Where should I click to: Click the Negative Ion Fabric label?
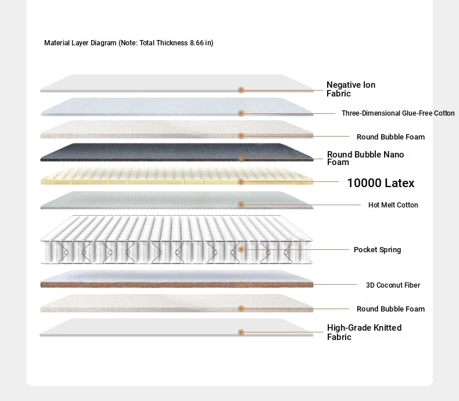click(351, 89)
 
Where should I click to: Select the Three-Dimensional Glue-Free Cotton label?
click(398, 113)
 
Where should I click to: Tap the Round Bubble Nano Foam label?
click(365, 158)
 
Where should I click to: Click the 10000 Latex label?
click(381, 183)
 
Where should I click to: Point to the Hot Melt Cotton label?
click(393, 205)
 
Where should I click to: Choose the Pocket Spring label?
click(377, 250)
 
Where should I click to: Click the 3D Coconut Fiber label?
click(393, 285)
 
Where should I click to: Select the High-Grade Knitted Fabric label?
click(364, 332)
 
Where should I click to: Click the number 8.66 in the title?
click(197, 43)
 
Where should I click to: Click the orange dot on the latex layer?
click(241, 182)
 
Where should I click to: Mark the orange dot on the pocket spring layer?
click(241, 249)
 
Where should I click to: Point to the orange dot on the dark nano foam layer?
click(241, 159)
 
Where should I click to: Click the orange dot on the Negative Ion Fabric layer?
click(241, 90)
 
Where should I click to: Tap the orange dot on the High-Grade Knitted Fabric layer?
click(241, 332)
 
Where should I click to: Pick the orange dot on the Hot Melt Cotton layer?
click(241, 205)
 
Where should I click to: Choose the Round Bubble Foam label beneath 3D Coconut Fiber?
click(390, 309)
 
